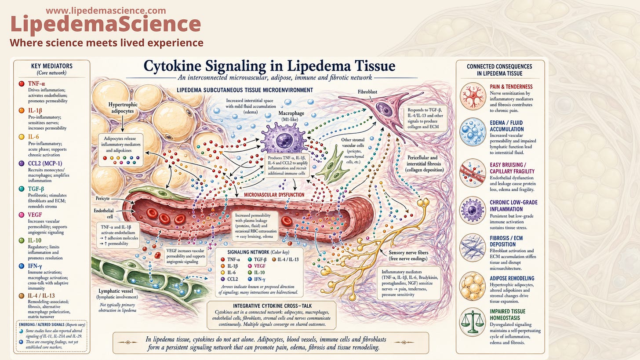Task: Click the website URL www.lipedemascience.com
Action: (105, 11)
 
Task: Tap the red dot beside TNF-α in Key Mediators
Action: (22, 84)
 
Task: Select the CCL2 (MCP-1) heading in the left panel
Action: (45, 164)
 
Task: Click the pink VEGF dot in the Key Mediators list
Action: (22, 215)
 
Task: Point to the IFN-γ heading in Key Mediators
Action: (35, 266)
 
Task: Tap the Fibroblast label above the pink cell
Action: (367, 92)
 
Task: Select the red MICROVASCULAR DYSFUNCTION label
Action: (274, 195)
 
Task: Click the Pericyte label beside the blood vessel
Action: (102, 198)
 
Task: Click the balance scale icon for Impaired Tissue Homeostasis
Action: (473, 322)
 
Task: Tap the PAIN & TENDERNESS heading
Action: (511, 87)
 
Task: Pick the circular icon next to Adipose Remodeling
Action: (473, 286)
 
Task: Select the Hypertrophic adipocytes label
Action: (123, 108)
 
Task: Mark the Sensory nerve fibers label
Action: (408, 255)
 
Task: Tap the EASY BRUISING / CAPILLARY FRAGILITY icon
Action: (473, 173)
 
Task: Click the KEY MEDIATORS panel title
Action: (52, 66)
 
